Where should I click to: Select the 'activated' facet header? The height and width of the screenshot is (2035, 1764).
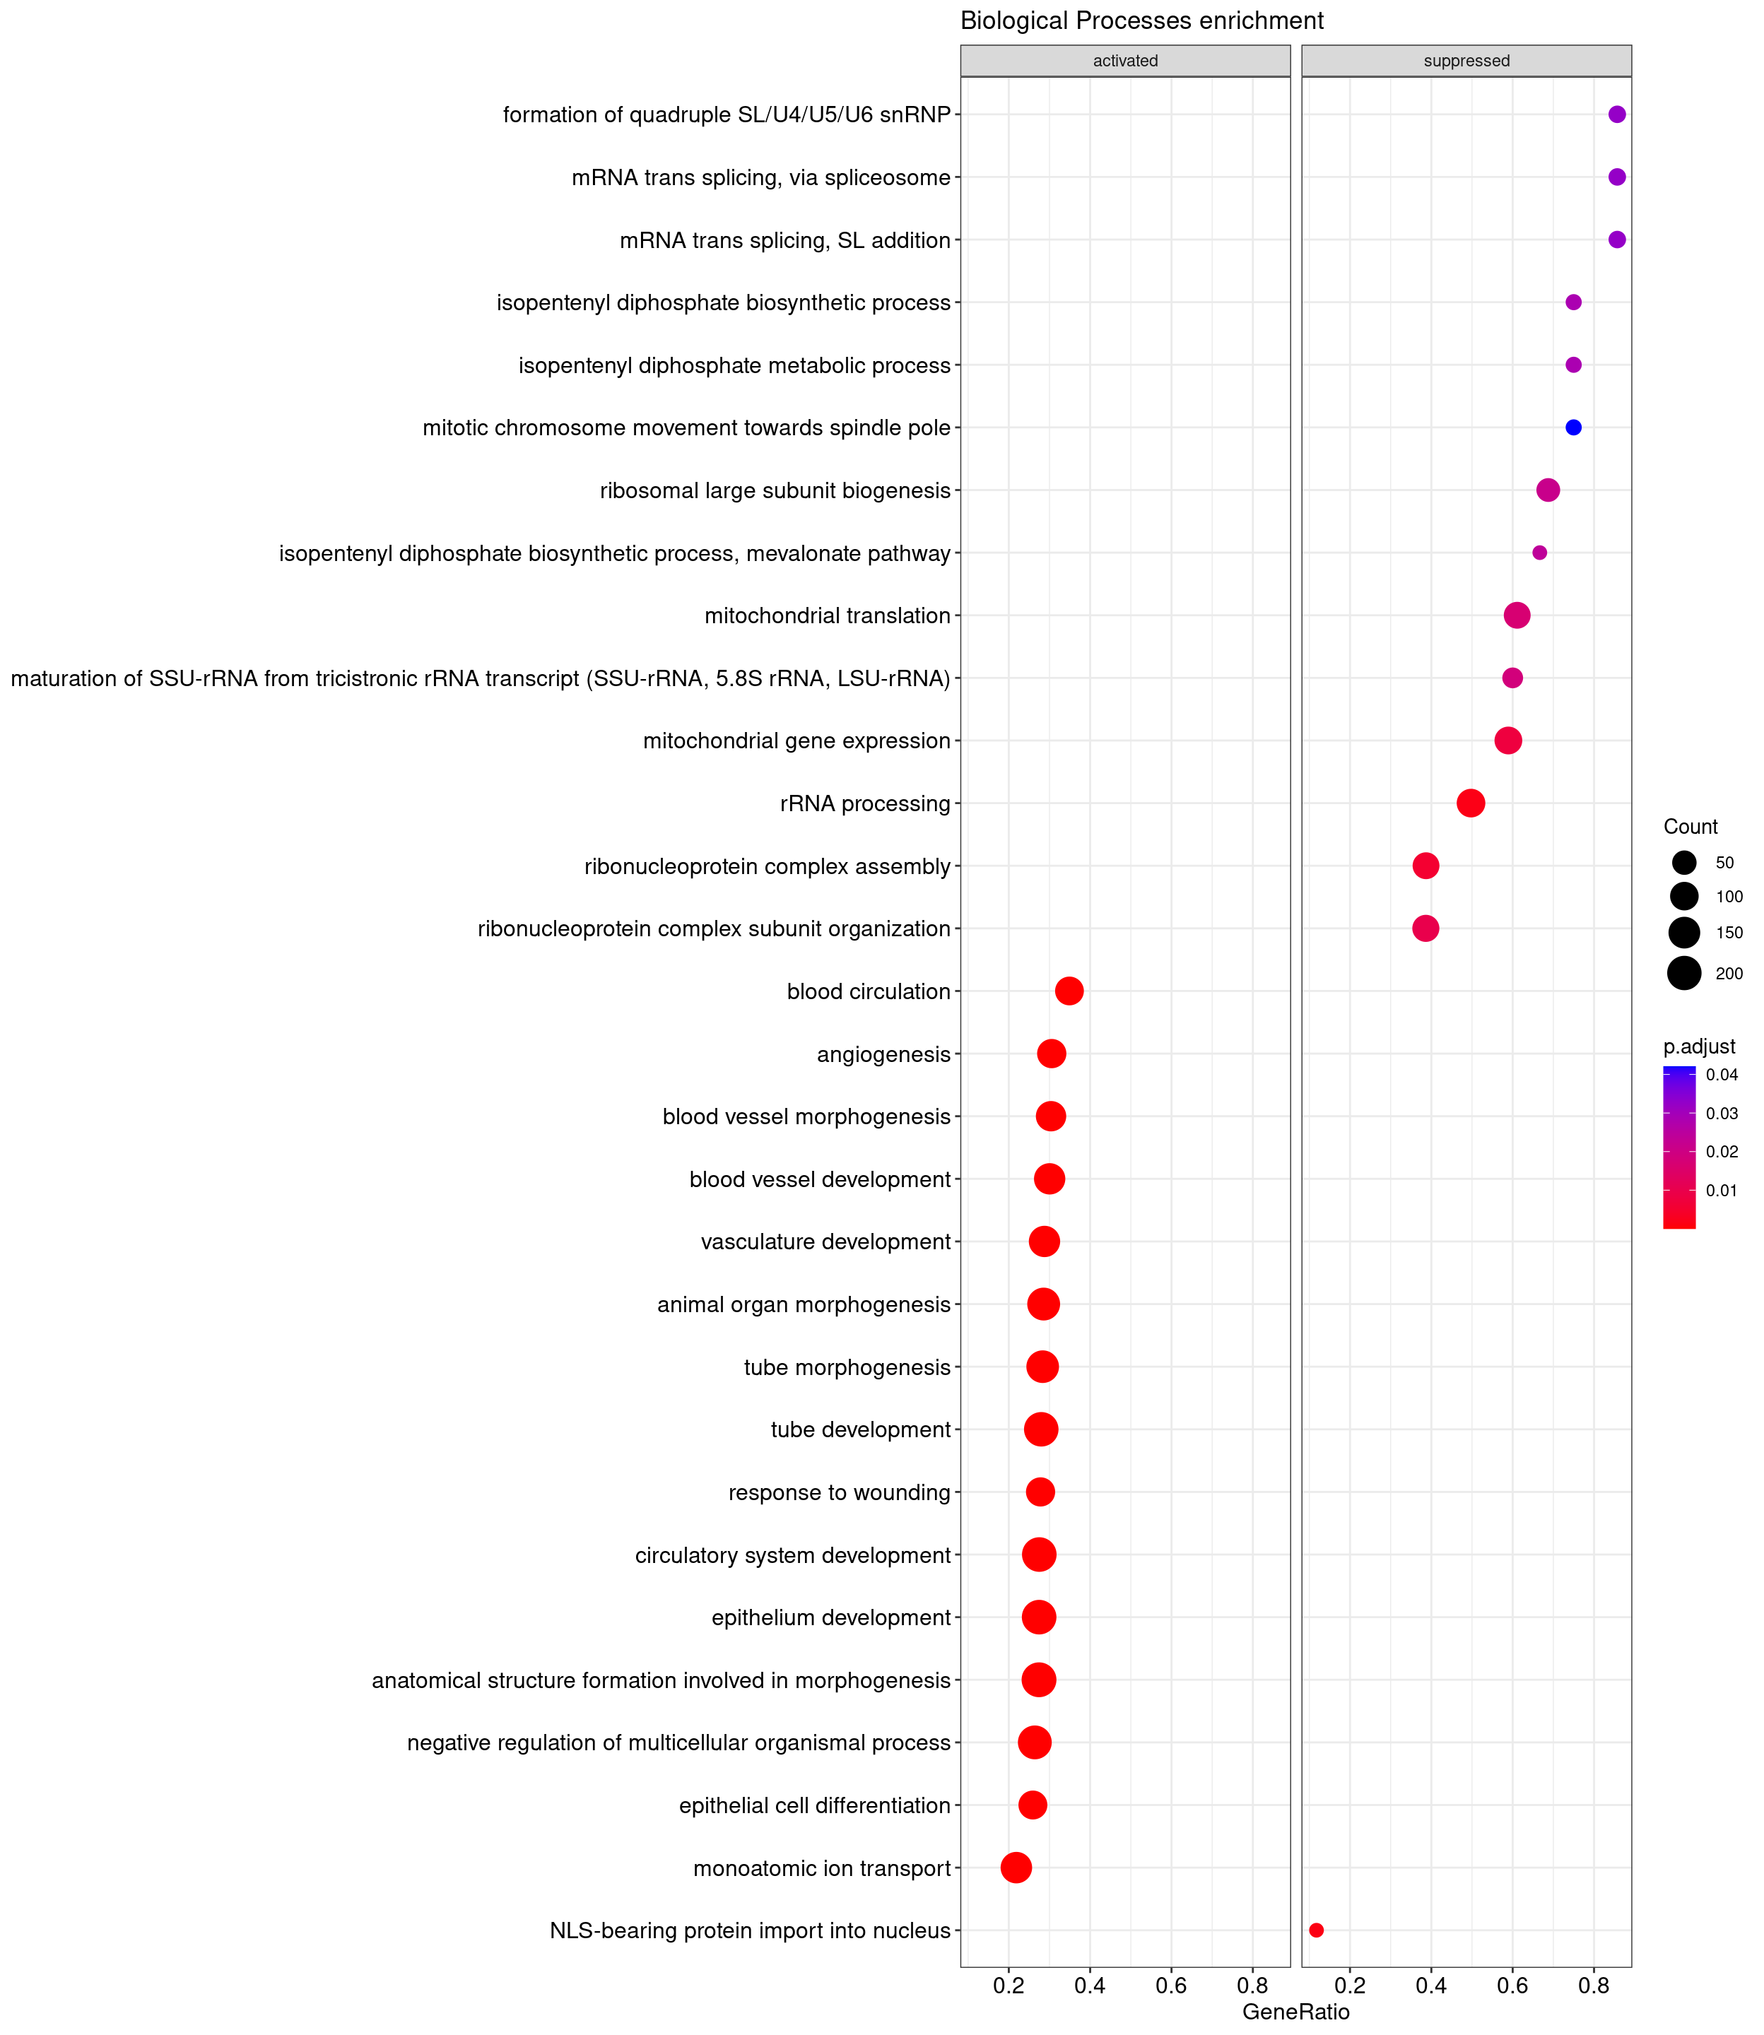click(1125, 61)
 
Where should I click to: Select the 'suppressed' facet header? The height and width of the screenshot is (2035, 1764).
click(1466, 61)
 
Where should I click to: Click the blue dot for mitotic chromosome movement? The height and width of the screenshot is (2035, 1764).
click(1573, 427)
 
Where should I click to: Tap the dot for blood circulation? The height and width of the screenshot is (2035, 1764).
click(1069, 991)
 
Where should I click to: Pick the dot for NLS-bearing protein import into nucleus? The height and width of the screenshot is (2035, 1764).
click(1316, 1930)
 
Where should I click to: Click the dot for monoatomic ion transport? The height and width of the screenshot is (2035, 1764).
click(1016, 1867)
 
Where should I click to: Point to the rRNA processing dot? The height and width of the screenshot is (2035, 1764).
click(1471, 803)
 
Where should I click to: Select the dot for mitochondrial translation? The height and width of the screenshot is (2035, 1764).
click(1517, 615)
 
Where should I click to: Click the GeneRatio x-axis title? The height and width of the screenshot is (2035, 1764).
click(1295, 2012)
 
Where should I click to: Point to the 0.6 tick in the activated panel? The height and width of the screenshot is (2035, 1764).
click(1172, 1985)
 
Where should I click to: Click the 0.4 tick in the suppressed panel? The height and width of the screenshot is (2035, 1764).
click(1431, 1985)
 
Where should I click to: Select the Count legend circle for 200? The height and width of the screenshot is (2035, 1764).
click(1684, 973)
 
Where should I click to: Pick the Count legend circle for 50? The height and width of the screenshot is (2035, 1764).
click(1684, 863)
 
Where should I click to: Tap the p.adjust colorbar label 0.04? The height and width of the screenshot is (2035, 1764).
click(1722, 1075)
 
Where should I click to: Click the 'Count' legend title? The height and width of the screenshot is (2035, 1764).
click(1690, 827)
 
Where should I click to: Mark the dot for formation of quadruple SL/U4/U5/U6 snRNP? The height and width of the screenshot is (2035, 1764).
click(1616, 114)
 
